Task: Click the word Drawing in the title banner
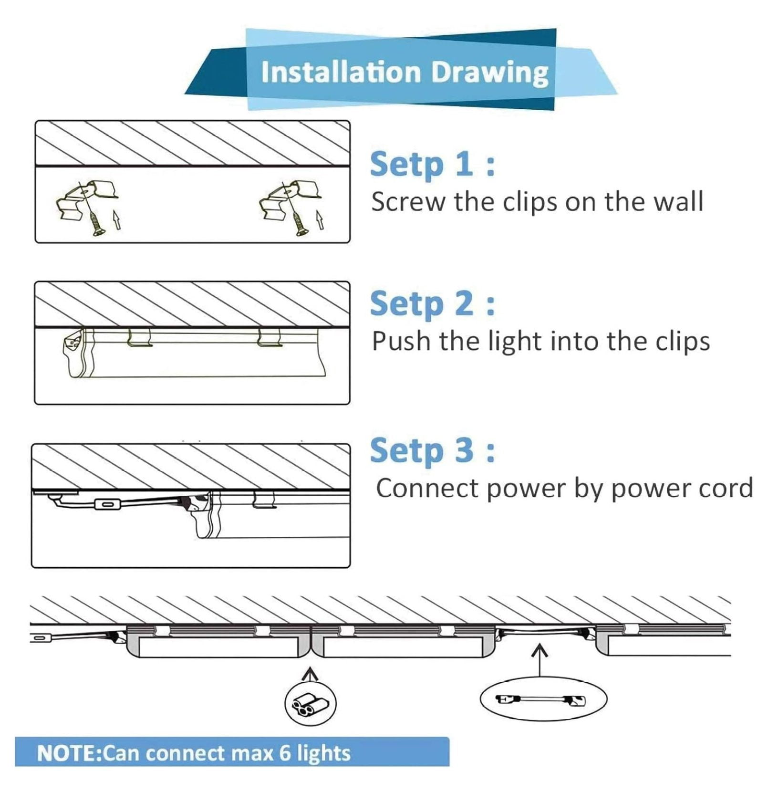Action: (490, 73)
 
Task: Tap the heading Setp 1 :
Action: (433, 164)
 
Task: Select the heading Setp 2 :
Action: (433, 303)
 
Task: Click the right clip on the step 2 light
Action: (270, 337)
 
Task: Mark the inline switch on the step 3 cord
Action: (108, 504)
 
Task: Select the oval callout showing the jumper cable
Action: (543, 699)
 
